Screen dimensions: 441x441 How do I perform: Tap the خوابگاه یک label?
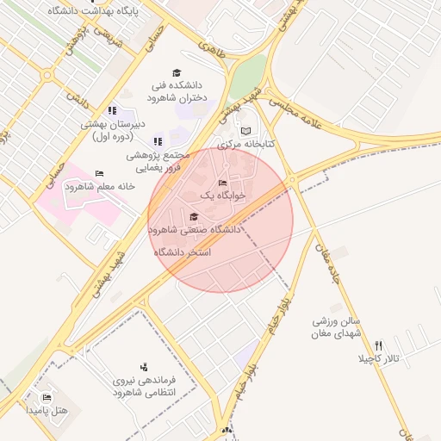(223, 196)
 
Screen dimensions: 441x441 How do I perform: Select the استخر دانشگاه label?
(183, 252)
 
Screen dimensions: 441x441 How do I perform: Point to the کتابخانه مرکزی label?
(246, 144)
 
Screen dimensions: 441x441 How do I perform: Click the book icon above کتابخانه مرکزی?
(246, 131)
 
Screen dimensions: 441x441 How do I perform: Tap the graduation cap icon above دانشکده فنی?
(177, 73)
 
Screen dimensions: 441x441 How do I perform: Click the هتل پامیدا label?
(47, 410)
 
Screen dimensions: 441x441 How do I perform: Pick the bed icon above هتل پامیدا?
(47, 397)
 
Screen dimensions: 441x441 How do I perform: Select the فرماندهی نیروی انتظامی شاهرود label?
(144, 385)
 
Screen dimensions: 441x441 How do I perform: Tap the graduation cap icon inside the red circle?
(193, 216)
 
